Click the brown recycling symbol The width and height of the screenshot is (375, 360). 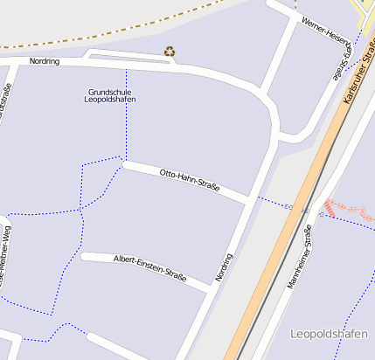tap(170, 52)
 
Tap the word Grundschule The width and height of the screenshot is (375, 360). tap(111, 91)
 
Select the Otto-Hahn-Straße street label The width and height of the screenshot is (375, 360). tap(189, 181)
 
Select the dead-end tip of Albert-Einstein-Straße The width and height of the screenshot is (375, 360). tap(84, 256)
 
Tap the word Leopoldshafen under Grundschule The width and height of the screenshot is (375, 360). tap(111, 100)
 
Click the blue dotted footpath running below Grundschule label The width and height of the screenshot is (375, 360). tap(126, 131)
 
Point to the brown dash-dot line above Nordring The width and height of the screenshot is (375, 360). tap(131, 29)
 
